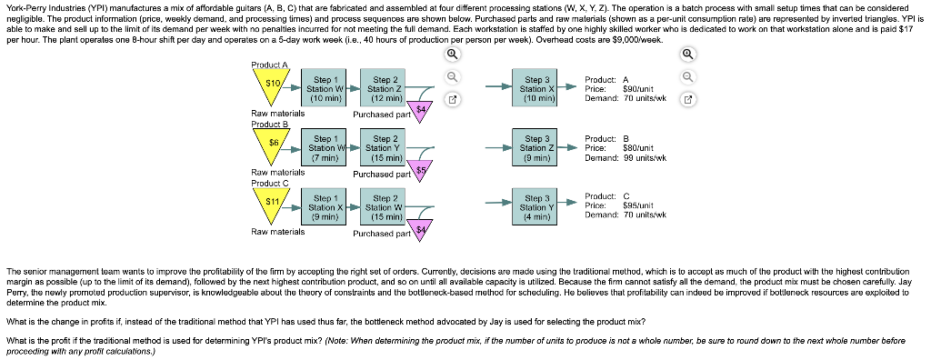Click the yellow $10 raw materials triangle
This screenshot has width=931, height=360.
271,85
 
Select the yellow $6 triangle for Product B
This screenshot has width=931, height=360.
271,145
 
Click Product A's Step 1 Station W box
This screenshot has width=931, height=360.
325,88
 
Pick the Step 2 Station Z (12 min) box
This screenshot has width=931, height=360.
381,88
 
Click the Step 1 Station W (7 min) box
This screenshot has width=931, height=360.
325,147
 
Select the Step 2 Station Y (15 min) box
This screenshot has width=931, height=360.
381,147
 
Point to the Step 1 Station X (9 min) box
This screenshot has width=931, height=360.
325,207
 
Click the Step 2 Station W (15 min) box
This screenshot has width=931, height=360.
381,207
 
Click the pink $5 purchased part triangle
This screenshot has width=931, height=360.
420,169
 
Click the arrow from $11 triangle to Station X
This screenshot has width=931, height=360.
297,207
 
